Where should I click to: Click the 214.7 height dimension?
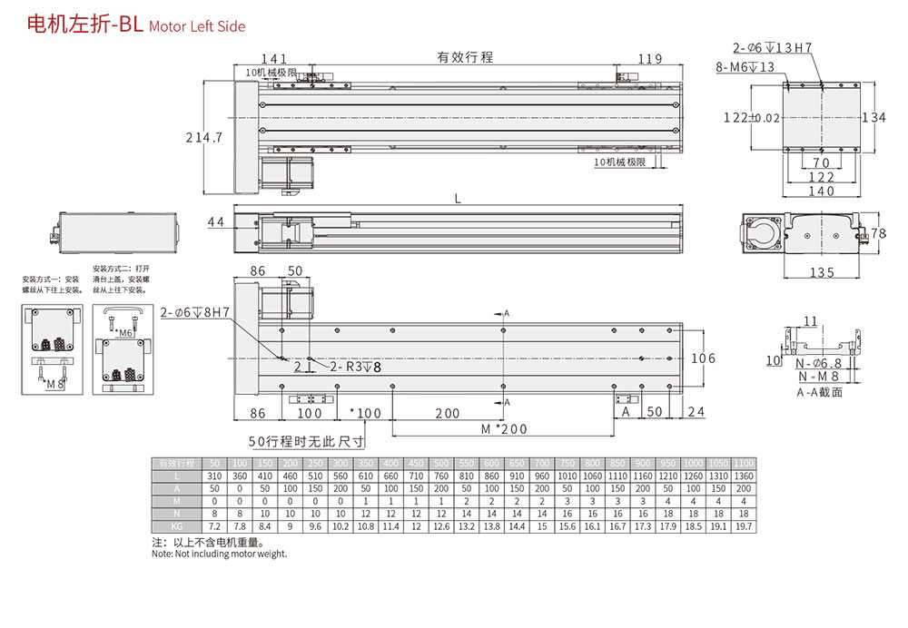point(204,138)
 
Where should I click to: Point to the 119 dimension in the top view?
point(649,60)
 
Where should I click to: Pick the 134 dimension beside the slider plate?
point(873,117)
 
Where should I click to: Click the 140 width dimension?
point(821,191)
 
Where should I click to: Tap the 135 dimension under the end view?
point(821,273)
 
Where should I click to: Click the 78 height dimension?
point(878,234)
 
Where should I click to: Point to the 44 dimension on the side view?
point(216,222)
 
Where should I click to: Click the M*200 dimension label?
point(504,428)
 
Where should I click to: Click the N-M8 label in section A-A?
point(818,377)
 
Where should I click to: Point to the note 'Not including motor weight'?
point(219,554)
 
